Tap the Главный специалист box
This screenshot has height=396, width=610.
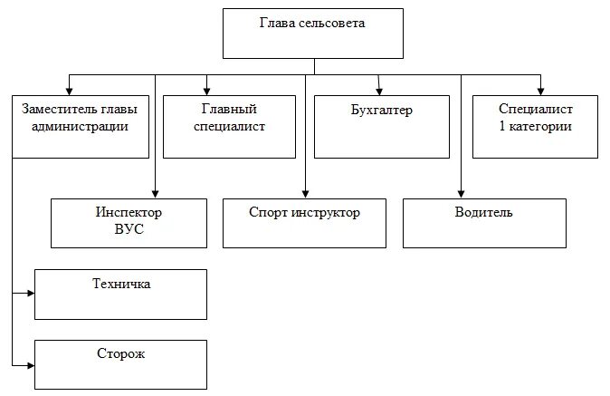(229, 118)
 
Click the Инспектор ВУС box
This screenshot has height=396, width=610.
(129, 223)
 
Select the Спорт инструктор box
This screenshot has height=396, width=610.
(304, 223)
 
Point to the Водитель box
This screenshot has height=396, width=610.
(483, 223)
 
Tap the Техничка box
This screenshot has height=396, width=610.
(120, 294)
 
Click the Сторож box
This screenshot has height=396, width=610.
(120, 365)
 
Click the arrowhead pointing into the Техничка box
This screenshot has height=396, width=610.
(30, 294)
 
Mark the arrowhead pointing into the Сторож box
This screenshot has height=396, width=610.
(30, 364)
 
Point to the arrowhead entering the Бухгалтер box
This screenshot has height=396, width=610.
(379, 90)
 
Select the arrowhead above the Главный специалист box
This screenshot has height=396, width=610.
(207, 90)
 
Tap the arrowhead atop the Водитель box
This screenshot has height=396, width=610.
(461, 193)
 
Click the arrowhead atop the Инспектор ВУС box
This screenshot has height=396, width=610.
(156, 193)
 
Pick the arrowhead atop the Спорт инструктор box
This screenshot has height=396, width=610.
(305, 193)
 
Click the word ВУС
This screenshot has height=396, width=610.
(129, 230)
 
